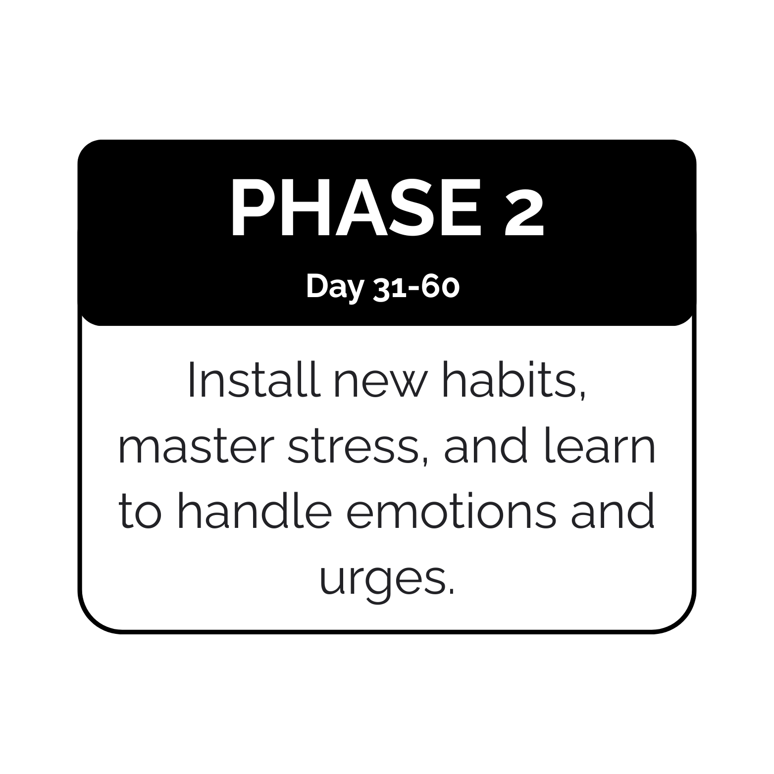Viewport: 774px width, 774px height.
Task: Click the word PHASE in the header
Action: [x=357, y=207]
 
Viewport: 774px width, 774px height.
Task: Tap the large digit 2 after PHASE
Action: [x=524, y=212]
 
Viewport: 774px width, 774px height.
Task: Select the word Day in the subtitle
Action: [x=335, y=288]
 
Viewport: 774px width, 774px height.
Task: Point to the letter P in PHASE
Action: [x=253, y=207]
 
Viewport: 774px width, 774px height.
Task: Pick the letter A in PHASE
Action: [x=362, y=207]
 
